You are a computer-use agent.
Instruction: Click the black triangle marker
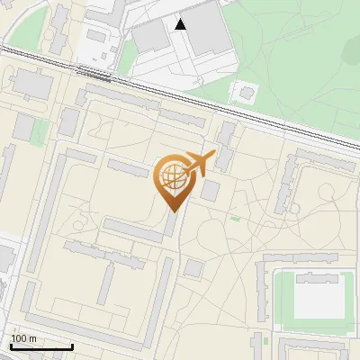[181, 24]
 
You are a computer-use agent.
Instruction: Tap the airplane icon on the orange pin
[201, 163]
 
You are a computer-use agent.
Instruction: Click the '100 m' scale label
[24, 338]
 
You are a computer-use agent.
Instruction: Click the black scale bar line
[41, 346]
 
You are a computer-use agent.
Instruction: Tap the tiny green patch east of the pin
[236, 219]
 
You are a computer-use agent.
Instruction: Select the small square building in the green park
[245, 93]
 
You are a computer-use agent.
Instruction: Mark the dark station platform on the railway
[94, 76]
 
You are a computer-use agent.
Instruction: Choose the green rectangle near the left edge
[40, 131]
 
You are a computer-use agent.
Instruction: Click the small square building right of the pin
[210, 191]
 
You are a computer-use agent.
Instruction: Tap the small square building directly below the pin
[193, 268]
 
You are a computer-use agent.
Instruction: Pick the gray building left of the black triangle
[149, 35]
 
